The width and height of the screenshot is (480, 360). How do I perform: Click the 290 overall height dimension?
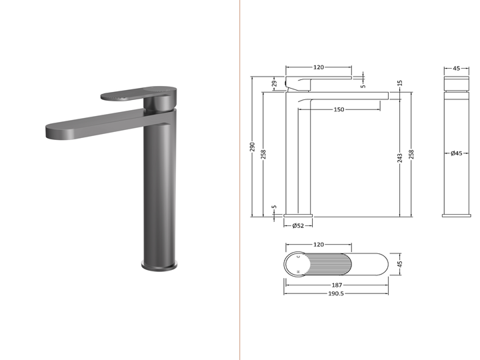point(253,147)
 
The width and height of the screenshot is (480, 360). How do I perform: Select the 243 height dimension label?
point(400,158)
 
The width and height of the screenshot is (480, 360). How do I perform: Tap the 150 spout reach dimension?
point(339,109)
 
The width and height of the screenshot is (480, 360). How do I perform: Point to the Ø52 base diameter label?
point(298,225)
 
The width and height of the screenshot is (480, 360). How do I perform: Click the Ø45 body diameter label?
point(456,153)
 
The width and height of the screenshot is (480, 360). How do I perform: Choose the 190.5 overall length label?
point(336,293)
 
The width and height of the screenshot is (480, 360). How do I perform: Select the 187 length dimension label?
point(337,285)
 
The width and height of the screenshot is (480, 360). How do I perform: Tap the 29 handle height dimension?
point(275,83)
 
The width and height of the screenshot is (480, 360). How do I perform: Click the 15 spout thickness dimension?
point(399,83)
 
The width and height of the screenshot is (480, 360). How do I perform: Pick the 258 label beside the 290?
point(263,154)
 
